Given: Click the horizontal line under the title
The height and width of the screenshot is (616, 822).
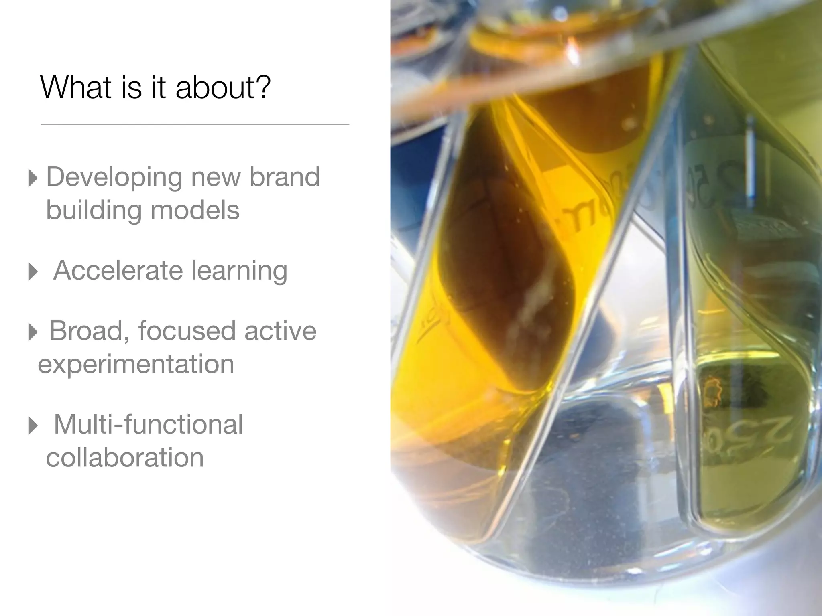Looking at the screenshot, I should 195,125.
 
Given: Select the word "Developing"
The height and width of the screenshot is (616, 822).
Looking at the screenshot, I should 114,177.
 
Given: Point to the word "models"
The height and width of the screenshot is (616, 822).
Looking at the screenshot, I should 195,210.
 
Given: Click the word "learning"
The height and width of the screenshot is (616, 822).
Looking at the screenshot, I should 239,271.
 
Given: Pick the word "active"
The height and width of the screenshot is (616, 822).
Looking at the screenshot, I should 280,331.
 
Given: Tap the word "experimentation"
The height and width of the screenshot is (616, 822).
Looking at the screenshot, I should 136,364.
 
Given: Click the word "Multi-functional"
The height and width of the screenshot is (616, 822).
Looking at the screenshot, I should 148,424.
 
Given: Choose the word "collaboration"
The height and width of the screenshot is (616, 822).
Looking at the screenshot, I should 125,458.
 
